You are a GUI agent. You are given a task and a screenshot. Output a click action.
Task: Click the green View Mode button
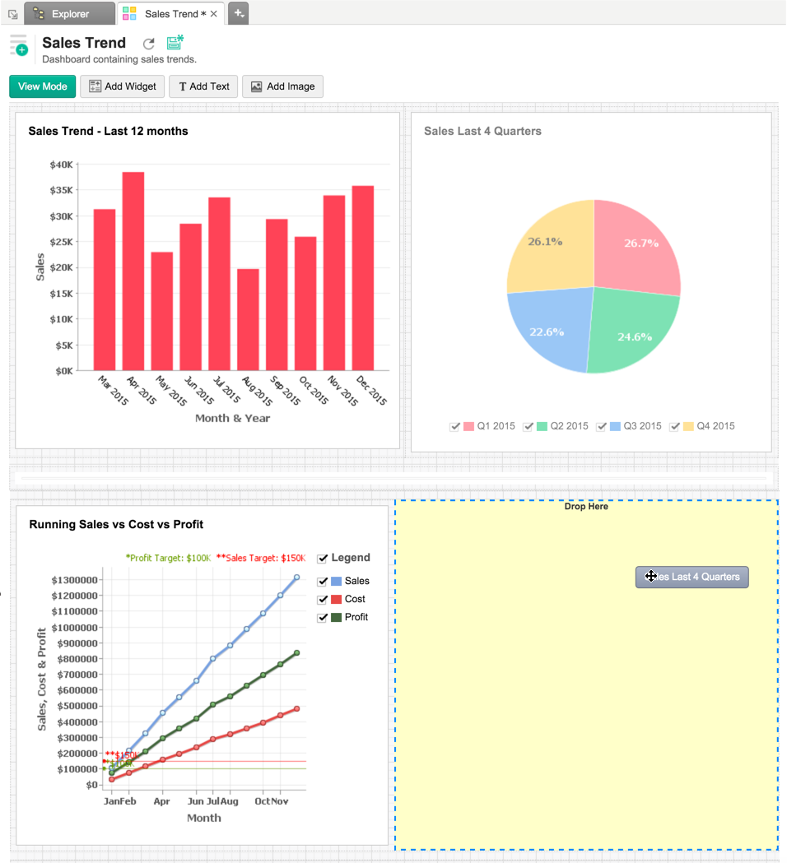[43, 86]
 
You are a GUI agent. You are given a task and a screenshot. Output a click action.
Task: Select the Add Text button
[203, 86]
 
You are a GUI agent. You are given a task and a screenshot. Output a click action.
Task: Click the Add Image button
[282, 86]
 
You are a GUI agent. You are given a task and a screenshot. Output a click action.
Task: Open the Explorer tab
[70, 14]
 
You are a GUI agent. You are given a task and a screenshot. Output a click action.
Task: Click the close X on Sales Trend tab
[214, 14]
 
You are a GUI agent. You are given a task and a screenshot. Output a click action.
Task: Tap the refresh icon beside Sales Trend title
[148, 44]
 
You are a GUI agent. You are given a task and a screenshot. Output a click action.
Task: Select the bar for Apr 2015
[133, 271]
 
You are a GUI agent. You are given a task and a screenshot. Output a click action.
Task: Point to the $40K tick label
[61, 165]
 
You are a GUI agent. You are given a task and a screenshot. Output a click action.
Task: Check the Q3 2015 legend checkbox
[602, 426]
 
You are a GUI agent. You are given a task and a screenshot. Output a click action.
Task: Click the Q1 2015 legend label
[496, 426]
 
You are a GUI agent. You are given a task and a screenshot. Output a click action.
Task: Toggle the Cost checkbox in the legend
[323, 599]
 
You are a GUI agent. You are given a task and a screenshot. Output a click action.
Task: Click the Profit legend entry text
[356, 617]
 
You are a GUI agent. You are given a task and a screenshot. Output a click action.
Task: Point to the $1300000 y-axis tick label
[75, 580]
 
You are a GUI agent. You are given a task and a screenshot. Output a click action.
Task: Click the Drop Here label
[586, 507]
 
